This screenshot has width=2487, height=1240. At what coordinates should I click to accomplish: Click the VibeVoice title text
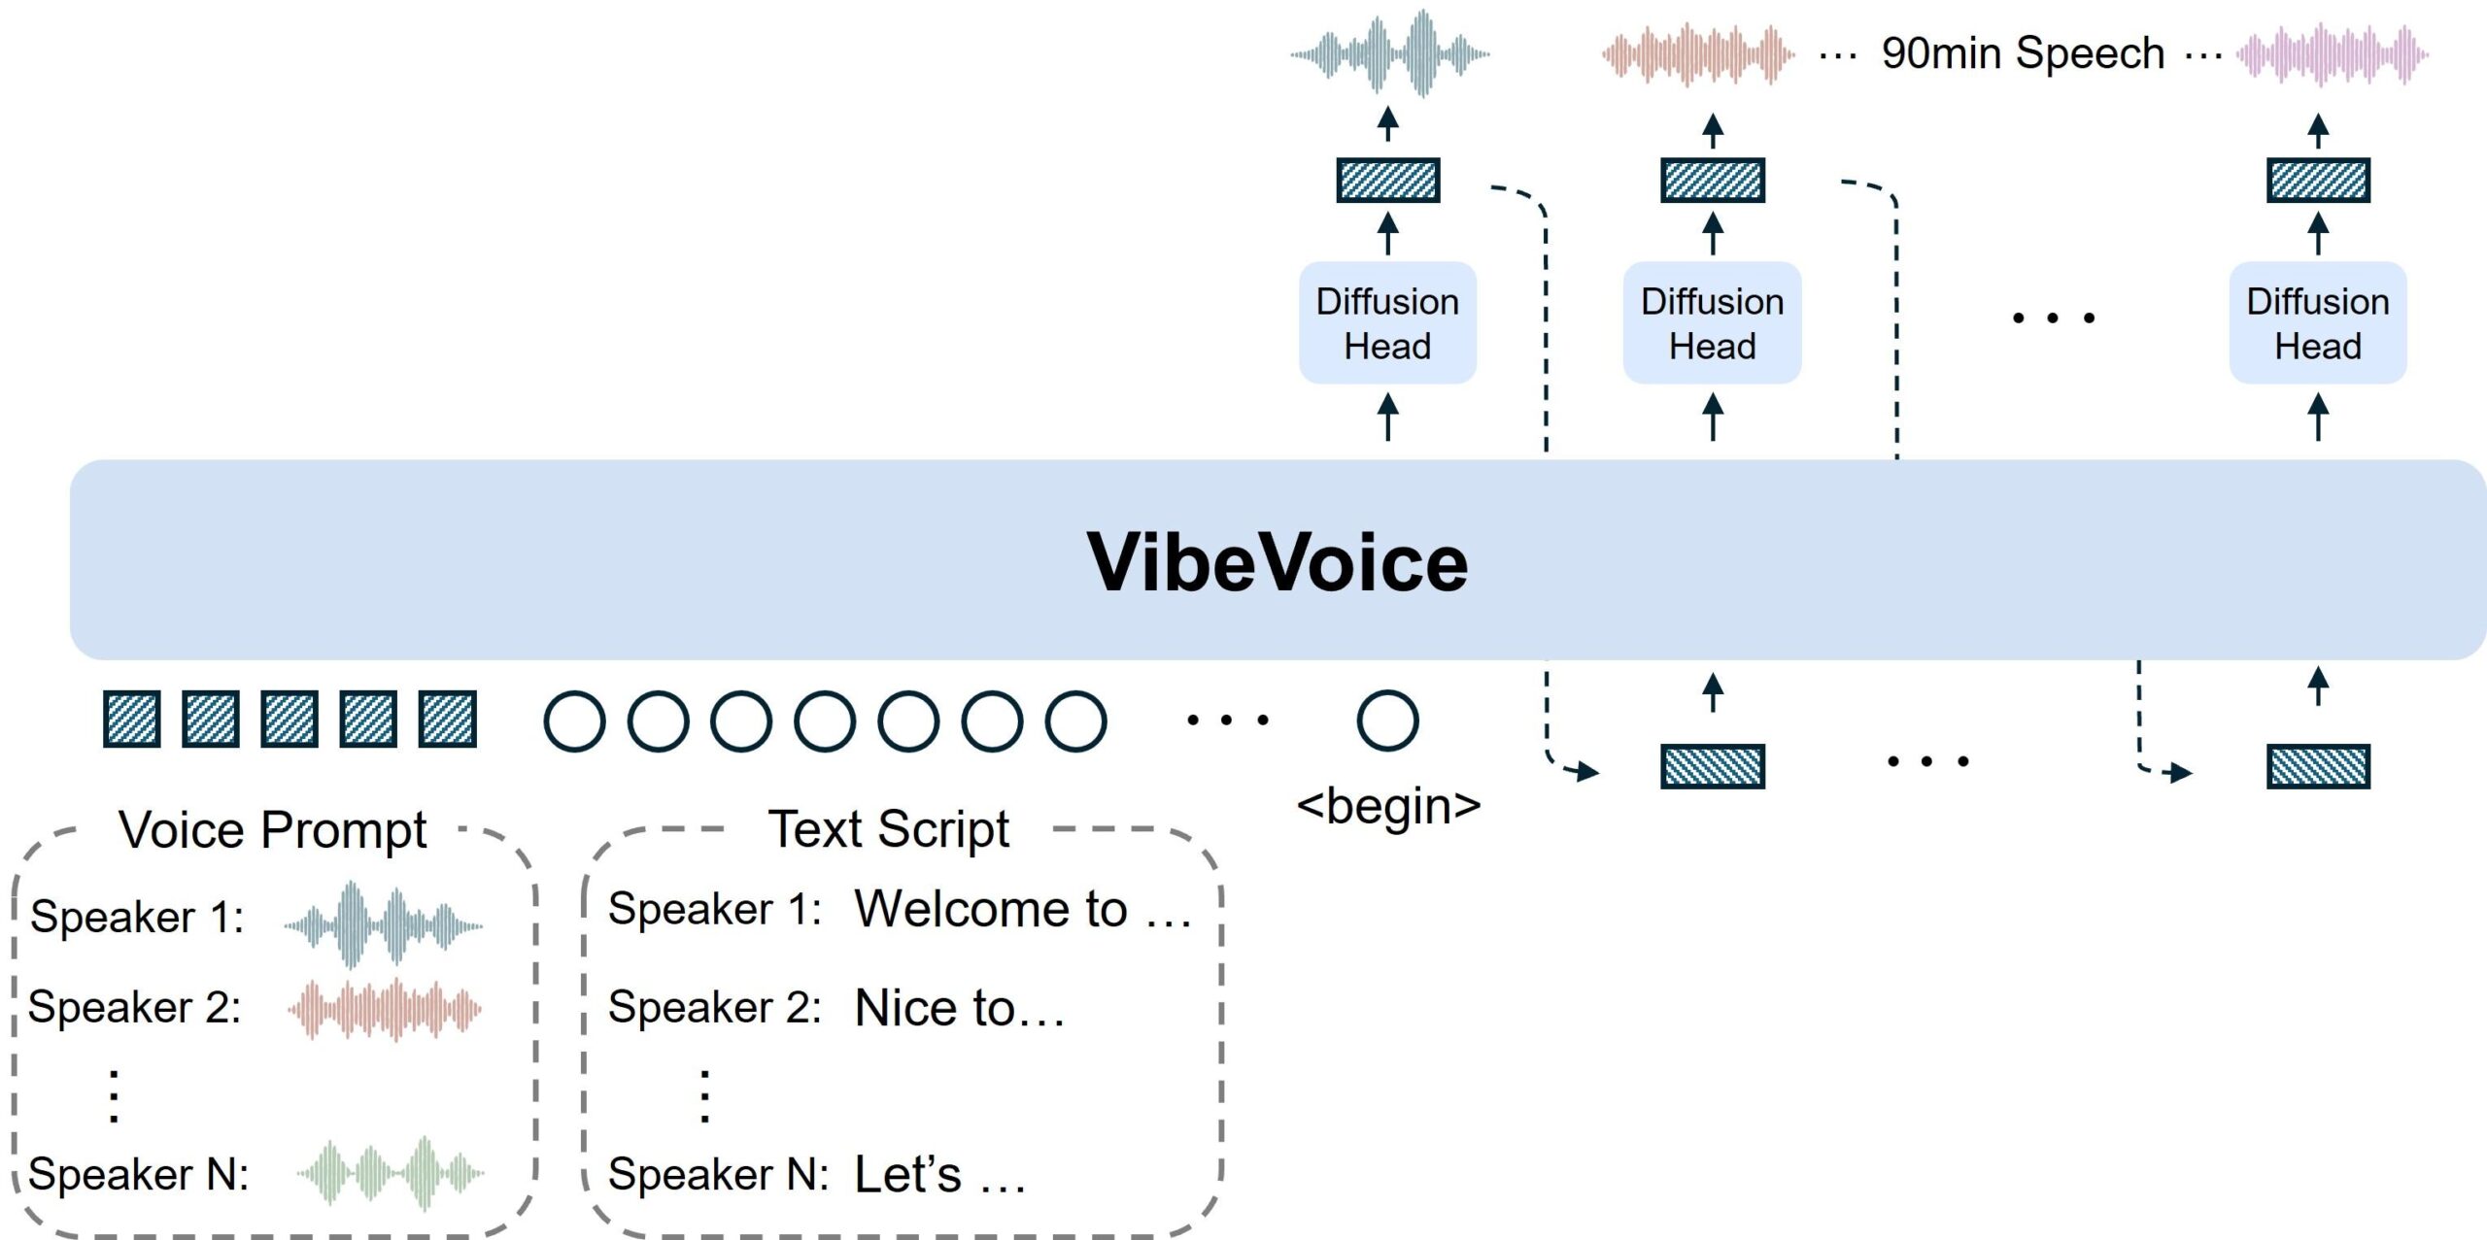click(1277, 562)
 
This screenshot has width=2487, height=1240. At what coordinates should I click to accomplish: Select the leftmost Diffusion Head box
click(1387, 323)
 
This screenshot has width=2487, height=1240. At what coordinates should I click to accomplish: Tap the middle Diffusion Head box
click(1712, 323)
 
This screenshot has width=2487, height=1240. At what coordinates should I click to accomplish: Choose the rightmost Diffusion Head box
click(2317, 323)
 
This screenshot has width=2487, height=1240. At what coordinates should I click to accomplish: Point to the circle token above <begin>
click(1387, 721)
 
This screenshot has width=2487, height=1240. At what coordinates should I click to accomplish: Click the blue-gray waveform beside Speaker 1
click(384, 924)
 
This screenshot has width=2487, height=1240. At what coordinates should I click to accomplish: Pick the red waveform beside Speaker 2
click(385, 1010)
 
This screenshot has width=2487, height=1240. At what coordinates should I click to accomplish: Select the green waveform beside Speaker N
click(391, 1173)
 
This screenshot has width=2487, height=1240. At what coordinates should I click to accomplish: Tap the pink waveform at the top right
click(2332, 54)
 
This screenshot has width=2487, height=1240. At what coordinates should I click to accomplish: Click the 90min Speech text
click(2023, 53)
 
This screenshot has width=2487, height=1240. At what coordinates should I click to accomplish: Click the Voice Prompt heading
click(272, 830)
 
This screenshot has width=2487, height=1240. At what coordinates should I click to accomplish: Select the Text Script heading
click(888, 829)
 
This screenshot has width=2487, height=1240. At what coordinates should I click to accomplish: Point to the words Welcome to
click(990, 909)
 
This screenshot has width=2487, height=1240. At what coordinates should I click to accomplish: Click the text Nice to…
click(959, 1008)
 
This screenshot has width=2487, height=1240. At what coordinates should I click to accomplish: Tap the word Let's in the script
click(907, 1175)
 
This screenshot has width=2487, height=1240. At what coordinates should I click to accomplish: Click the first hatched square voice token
click(132, 720)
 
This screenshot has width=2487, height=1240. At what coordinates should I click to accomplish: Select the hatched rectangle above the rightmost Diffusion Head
click(2318, 181)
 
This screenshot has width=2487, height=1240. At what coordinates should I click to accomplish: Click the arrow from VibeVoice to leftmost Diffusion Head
click(1387, 417)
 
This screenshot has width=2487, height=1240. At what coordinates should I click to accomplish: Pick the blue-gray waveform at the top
click(1389, 54)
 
